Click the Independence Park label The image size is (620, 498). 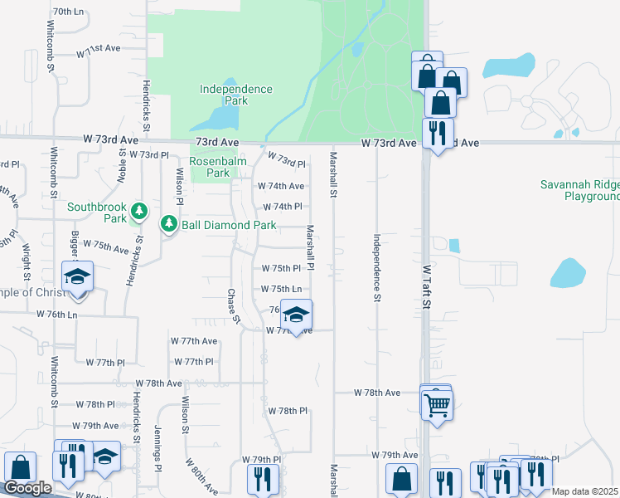(236, 95)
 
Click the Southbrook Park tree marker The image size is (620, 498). (139, 212)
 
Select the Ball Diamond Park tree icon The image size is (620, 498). (169, 223)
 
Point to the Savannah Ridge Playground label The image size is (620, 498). (580, 191)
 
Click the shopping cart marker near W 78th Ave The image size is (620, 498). (437, 405)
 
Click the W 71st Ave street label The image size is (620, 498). (99, 51)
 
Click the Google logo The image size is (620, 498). (27, 488)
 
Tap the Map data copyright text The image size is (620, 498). (585, 491)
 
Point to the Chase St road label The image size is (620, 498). (234, 306)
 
